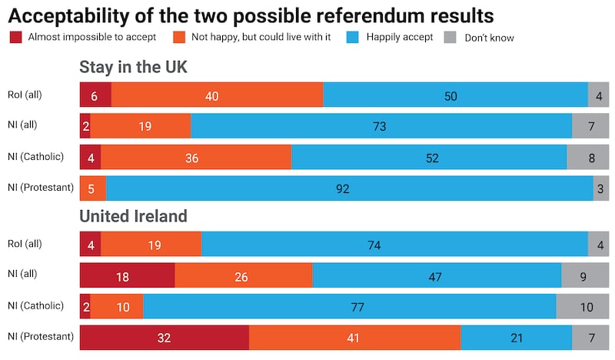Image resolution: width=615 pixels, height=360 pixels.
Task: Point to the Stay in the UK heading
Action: click(x=134, y=68)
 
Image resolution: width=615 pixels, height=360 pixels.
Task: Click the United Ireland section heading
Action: click(x=134, y=216)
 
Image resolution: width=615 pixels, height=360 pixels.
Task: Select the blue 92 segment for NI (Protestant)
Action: click(x=349, y=188)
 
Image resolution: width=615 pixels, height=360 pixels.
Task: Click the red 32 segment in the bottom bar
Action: click(x=165, y=337)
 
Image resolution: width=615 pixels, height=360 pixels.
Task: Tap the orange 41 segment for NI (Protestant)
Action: click(x=354, y=337)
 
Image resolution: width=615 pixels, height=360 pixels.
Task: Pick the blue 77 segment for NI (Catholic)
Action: click(x=349, y=306)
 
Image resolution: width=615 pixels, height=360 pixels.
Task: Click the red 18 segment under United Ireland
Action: click(x=128, y=275)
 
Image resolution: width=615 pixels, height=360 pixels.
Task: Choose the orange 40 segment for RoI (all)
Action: click(x=217, y=95)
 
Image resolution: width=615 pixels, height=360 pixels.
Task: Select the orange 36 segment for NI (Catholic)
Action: click(x=196, y=157)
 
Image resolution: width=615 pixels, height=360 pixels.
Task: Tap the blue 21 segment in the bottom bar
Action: click(x=516, y=337)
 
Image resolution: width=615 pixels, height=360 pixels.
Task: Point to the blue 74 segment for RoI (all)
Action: click(x=394, y=244)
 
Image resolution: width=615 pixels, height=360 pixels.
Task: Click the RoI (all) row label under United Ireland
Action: click(x=25, y=244)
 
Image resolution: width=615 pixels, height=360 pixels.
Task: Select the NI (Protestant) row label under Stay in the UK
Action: click(x=40, y=188)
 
